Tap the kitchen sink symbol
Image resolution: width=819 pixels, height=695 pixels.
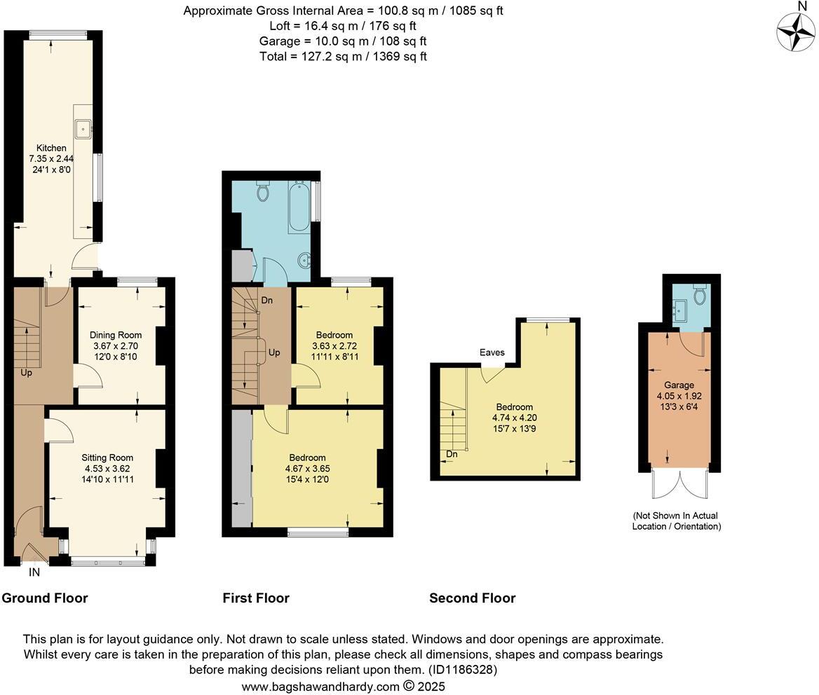coord(83,128)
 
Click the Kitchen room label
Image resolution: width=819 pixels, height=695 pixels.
coord(52,148)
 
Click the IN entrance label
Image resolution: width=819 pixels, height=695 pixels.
coord(34,572)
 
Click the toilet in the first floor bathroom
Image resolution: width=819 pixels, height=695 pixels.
coord(263,191)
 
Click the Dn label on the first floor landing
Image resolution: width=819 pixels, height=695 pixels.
coord(266,300)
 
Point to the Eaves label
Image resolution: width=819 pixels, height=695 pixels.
coord(492,352)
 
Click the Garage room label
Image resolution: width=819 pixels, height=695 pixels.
coord(679,385)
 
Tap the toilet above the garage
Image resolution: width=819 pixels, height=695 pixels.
coord(700,294)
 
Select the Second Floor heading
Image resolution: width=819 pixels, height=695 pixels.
coord(472,598)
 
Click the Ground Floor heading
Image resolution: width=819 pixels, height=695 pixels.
coord(45,598)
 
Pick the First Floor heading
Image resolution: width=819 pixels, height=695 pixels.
coord(256,598)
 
